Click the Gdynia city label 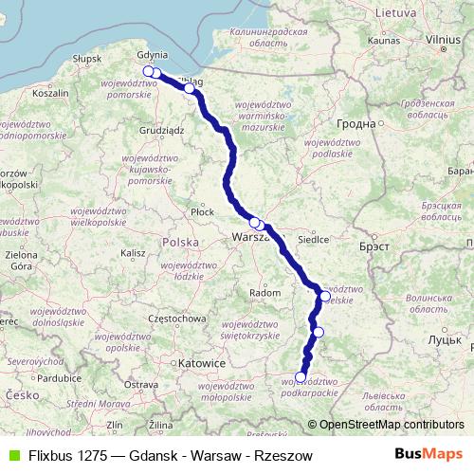point(152,55)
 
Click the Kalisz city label point(133,253)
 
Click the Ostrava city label point(140,384)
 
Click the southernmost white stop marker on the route point(301,377)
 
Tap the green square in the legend point(12,456)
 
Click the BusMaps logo point(428,455)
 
